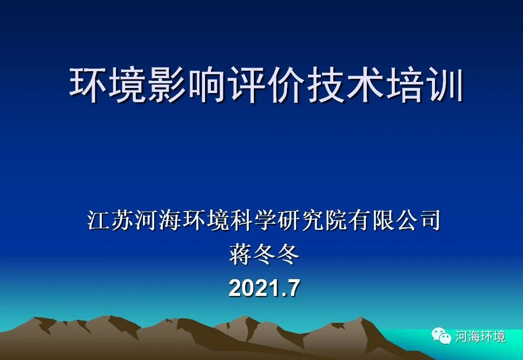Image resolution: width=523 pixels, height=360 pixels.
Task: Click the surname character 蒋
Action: (241, 254)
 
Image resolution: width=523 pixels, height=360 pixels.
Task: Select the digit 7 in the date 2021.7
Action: (293, 288)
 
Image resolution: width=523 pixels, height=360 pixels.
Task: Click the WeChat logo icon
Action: (442, 335)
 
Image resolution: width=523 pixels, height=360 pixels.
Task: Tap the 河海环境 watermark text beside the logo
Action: (480, 336)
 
